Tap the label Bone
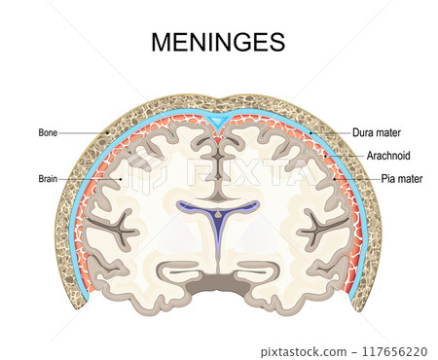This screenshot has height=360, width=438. point(48,132)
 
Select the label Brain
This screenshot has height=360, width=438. point(48,179)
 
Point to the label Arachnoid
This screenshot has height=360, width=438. point(386,155)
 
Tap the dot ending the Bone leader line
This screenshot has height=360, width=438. point(106,132)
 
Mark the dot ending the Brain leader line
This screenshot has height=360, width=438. point(120,179)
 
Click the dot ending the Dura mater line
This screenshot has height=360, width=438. point(310,132)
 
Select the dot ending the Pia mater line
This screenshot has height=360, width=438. point(334,179)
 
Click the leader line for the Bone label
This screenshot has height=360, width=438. point(83,132)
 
